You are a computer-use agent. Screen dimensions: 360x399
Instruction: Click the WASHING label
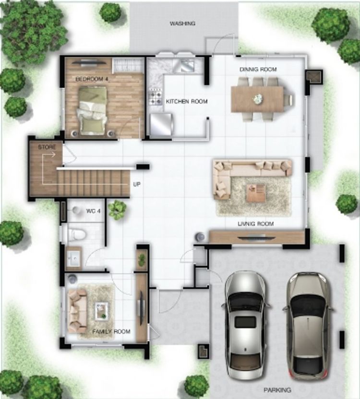pyautogui.click(x=182, y=23)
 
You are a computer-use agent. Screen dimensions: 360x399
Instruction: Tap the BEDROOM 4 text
pyautogui.click(x=92, y=79)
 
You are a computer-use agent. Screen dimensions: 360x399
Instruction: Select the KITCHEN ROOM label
pyautogui.click(x=187, y=102)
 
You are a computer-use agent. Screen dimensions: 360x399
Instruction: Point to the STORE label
pyautogui.click(x=47, y=147)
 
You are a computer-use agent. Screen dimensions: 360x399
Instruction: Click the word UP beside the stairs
pyautogui.click(x=137, y=184)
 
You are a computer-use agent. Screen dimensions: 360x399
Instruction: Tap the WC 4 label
pyautogui.click(x=93, y=211)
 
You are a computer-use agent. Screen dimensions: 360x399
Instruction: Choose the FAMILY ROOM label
pyautogui.click(x=111, y=331)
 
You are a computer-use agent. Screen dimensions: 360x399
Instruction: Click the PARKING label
pyautogui.click(x=277, y=389)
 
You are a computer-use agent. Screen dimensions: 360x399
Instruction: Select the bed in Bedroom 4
pyautogui.click(x=92, y=110)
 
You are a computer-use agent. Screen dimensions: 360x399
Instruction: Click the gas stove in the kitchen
pyautogui.click(x=155, y=96)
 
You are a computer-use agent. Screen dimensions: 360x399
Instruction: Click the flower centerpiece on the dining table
pyautogui.click(x=258, y=99)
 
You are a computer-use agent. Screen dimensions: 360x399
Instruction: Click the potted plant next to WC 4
pyautogui.click(x=117, y=210)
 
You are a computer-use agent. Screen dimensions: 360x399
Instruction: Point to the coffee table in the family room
pyautogui.click(x=101, y=311)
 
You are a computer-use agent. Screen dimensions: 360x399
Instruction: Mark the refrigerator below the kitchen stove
pyautogui.click(x=161, y=124)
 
